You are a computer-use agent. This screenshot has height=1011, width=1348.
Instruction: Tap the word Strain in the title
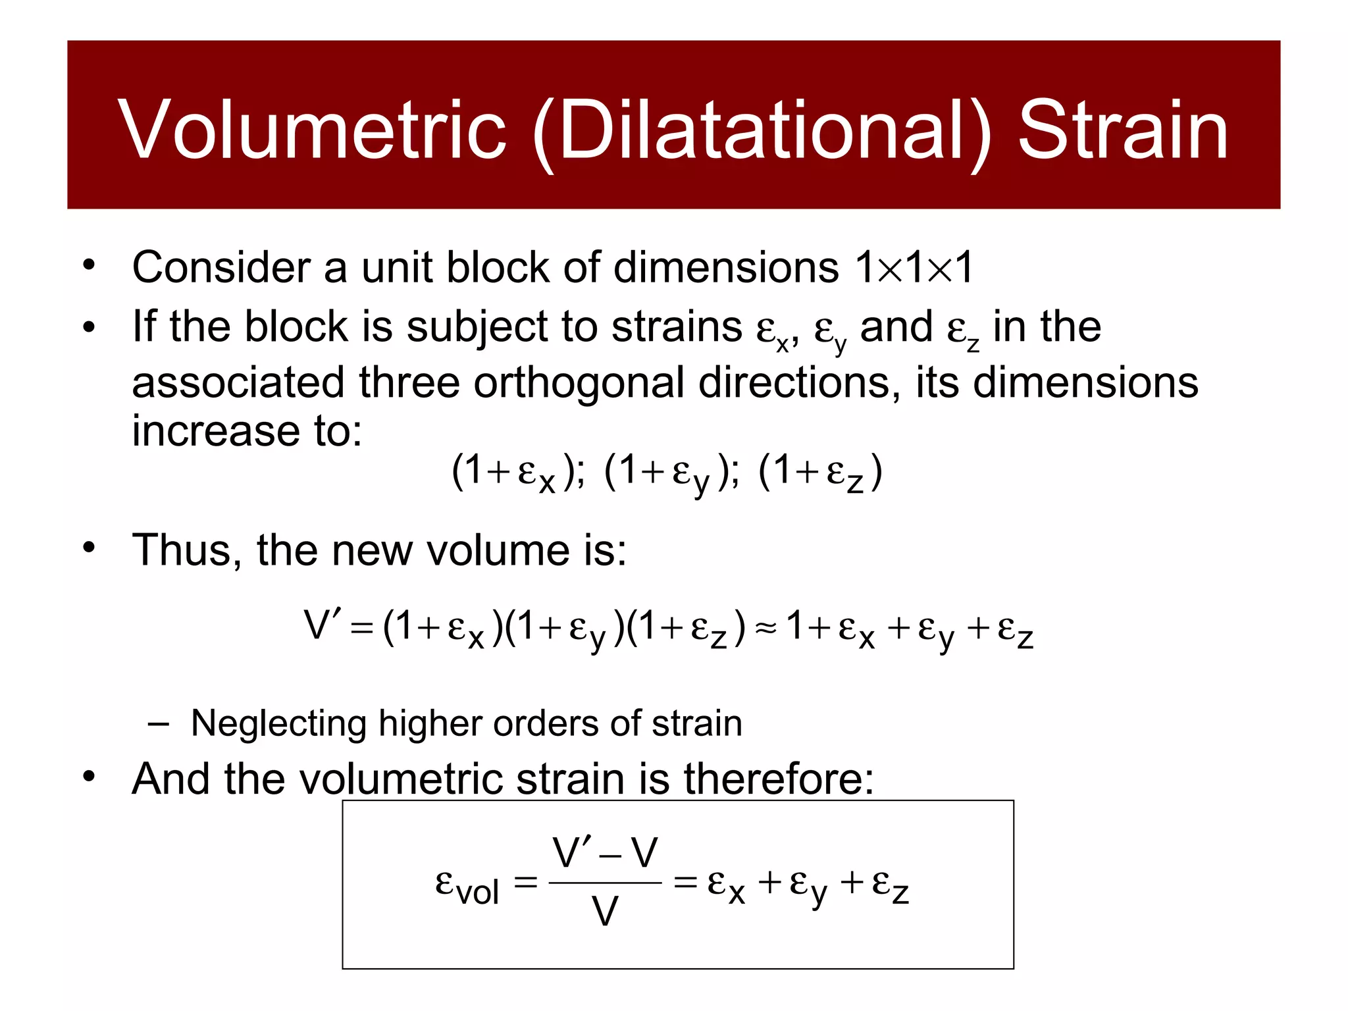point(1123,130)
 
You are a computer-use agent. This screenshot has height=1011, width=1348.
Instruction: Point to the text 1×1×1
point(914,268)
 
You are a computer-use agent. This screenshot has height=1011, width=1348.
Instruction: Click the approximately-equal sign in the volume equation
point(765,628)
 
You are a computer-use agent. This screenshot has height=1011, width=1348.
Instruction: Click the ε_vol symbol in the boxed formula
point(467,885)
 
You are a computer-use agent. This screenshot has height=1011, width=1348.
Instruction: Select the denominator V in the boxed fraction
point(604,912)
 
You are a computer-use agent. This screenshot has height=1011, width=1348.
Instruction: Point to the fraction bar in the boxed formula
point(604,883)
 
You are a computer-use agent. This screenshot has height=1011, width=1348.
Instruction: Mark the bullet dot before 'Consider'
point(89,266)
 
